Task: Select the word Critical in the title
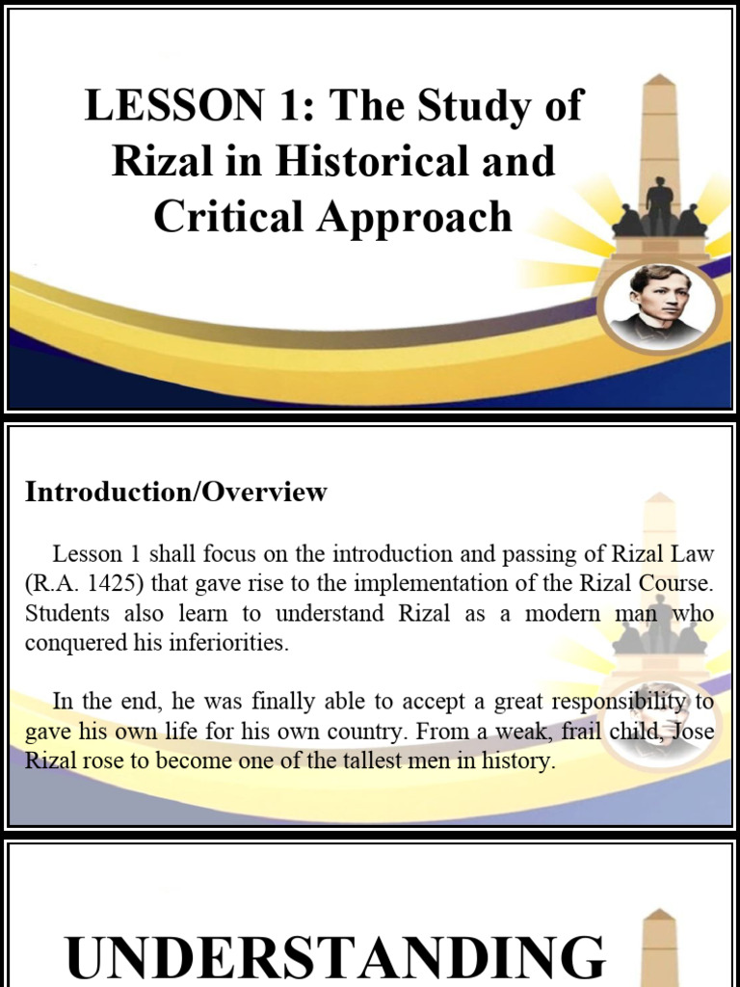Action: (227, 216)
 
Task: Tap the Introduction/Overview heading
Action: (176, 492)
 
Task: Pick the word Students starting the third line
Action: (59, 613)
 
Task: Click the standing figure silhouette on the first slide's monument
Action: (660, 204)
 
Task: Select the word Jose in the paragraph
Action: (693, 732)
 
